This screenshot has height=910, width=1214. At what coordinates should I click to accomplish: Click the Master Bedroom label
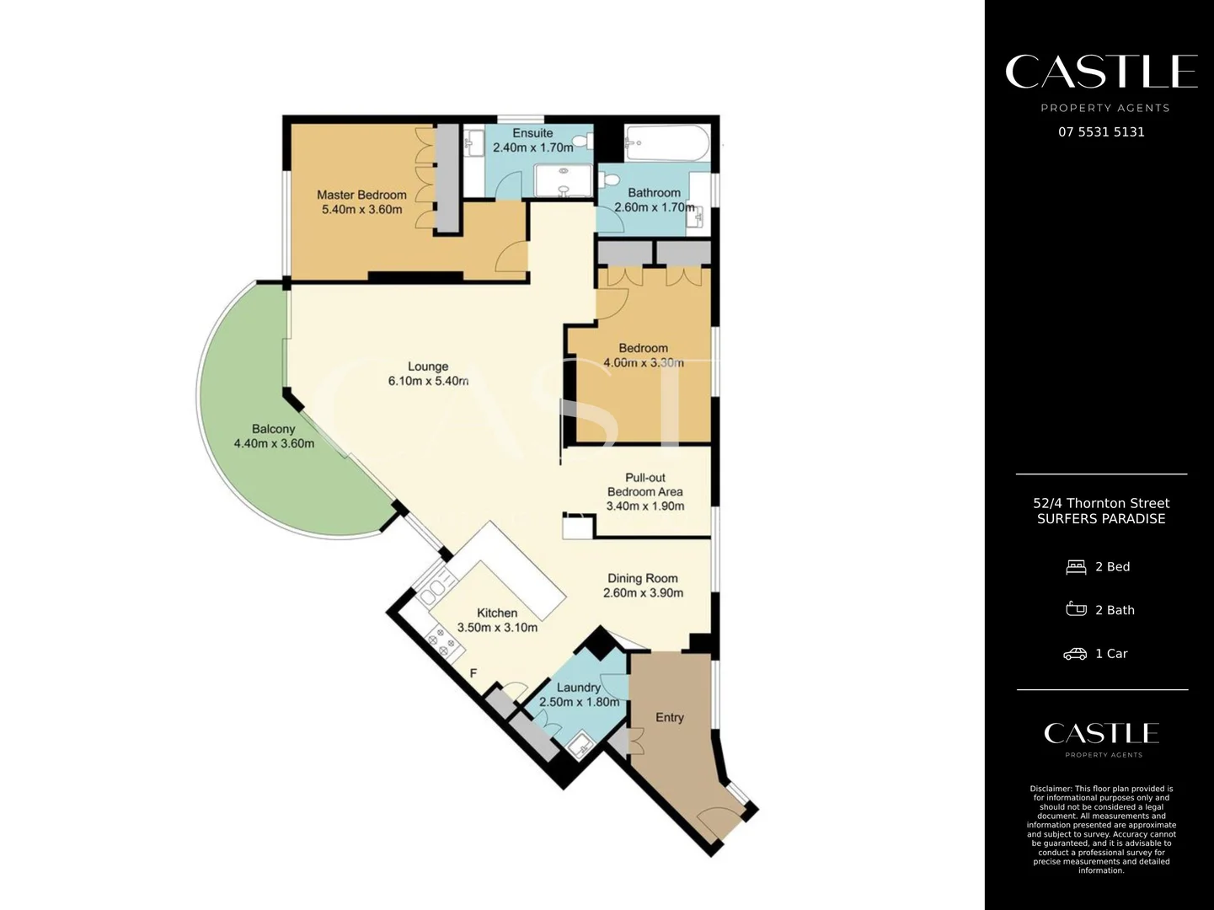tap(361, 195)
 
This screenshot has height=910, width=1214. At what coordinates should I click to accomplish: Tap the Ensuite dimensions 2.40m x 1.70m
tap(532, 147)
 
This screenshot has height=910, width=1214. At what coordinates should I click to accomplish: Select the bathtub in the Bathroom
tap(666, 143)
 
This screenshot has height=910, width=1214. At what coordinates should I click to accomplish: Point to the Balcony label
tap(273, 429)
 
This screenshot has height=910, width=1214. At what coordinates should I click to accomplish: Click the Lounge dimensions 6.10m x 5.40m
tap(428, 381)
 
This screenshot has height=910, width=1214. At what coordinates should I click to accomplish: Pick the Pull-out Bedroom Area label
tap(645, 484)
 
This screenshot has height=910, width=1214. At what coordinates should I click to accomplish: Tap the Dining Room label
tap(643, 578)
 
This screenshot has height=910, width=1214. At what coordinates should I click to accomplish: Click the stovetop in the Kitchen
tap(444, 643)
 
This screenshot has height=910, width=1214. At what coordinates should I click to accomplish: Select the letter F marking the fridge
tap(473, 673)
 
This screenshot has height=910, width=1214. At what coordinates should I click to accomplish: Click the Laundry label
tap(579, 688)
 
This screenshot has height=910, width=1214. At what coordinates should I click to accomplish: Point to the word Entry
tap(670, 717)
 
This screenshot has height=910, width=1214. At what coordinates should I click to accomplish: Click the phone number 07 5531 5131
tap(1101, 132)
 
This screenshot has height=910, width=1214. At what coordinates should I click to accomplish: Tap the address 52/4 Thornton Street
tap(1101, 503)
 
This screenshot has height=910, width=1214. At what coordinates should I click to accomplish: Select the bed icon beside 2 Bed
tap(1076, 567)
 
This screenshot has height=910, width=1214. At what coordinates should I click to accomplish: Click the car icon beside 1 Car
tap(1075, 654)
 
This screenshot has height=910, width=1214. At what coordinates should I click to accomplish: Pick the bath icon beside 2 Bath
tap(1076, 609)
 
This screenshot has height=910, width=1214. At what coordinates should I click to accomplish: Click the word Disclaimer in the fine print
tap(1051, 790)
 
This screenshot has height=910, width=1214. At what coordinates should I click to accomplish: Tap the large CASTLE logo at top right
tap(1101, 72)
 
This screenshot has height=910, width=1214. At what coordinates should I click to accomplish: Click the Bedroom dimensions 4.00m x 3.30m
tap(644, 363)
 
